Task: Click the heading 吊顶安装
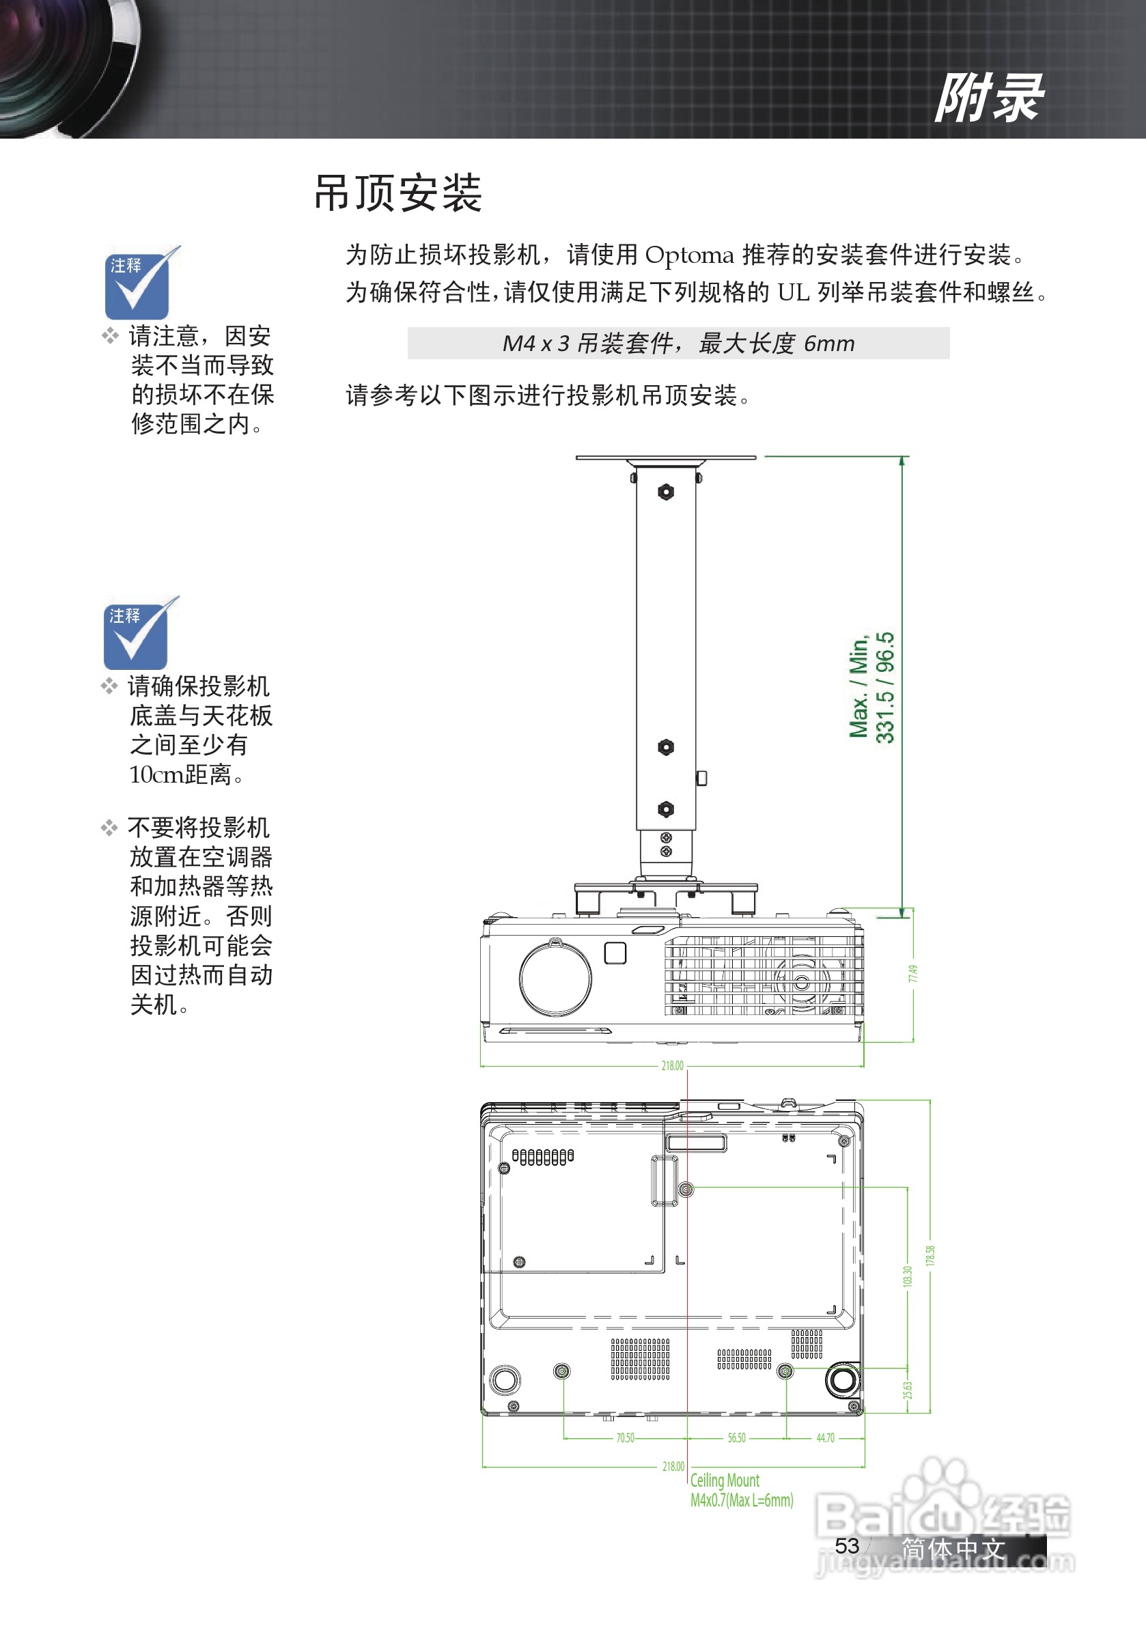coord(397,193)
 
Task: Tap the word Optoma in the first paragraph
coord(688,255)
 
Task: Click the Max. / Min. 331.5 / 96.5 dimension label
coord(872,687)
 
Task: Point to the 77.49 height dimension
coord(913,973)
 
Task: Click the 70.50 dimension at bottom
coord(625,1438)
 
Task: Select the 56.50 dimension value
coord(736,1438)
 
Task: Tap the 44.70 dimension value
coord(825,1438)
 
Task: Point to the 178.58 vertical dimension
coord(930,1256)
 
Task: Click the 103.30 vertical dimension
coord(908,1277)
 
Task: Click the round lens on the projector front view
coord(555,977)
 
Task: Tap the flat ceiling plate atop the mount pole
coord(665,458)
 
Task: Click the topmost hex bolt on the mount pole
coord(666,492)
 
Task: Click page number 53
coord(846,1545)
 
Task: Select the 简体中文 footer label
coord(953,1548)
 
